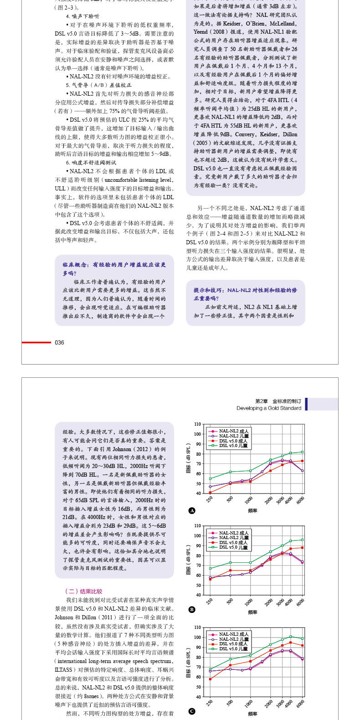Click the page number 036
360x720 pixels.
pos(59,343)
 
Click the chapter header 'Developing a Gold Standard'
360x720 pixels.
pos(268,408)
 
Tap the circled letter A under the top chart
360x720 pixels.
pos(192,510)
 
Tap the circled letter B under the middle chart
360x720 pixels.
pos(192,609)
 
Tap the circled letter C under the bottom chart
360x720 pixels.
pos(192,711)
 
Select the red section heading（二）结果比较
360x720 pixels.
pos(84,591)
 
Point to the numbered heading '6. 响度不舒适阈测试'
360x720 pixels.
pos(91,163)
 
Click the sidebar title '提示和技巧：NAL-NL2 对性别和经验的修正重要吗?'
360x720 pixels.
pos(245,294)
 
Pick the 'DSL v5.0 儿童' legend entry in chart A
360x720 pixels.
pos(233,446)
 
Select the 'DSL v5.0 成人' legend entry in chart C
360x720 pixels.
pos(233,644)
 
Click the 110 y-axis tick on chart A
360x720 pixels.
pos(197,424)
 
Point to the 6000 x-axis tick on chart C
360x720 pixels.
pos(300,704)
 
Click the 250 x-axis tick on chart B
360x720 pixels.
pos(210,602)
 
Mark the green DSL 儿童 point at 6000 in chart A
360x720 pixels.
pos(302,452)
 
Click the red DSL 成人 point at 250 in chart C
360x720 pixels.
pos(210,679)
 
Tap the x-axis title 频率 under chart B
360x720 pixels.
pos(252,612)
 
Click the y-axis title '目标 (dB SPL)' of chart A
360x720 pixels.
pos(188,458)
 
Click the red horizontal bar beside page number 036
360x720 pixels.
pos(36,343)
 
